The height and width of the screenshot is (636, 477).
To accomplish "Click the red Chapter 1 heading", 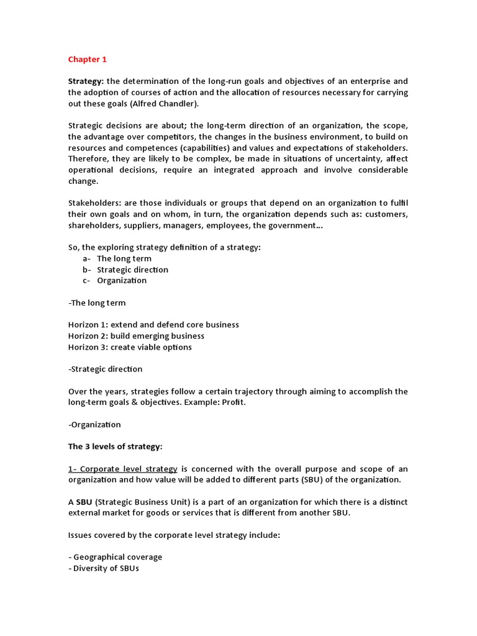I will click(x=87, y=60).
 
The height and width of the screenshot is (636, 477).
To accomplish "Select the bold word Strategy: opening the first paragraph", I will click(x=86, y=81).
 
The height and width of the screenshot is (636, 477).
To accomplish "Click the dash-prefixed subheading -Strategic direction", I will click(x=105, y=369).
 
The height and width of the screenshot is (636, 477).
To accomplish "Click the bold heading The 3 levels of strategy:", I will click(x=116, y=447).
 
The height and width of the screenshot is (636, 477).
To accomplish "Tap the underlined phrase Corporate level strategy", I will click(x=128, y=469).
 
